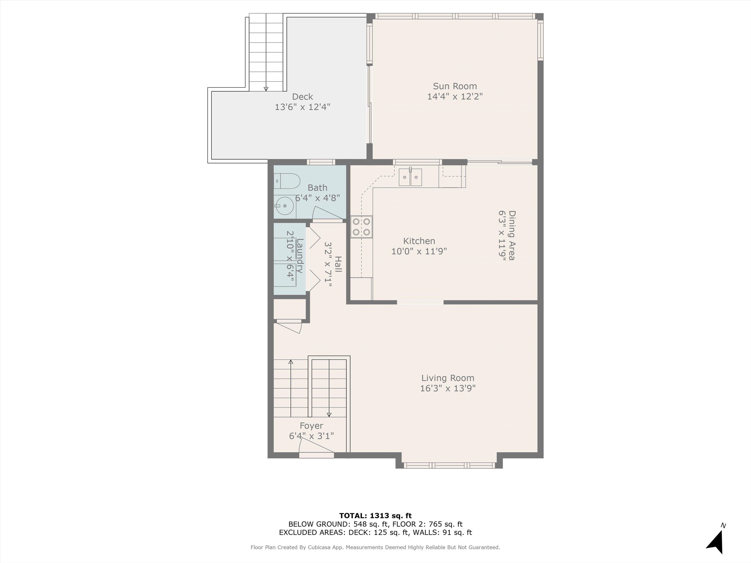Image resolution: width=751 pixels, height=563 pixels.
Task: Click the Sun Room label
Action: tap(455, 86)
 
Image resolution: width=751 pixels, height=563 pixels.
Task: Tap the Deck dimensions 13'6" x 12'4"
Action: tap(302, 107)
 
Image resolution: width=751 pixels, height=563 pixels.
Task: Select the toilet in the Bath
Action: tap(287, 181)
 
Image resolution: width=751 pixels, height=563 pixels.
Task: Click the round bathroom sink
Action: tap(285, 206)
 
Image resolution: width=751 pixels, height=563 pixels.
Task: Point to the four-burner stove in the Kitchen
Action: tap(362, 227)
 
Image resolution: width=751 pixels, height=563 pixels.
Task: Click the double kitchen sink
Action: tap(410, 177)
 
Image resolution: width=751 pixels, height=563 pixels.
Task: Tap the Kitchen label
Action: tap(419, 241)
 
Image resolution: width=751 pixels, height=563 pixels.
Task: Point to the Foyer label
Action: tap(311, 426)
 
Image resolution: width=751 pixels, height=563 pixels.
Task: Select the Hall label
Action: tap(338, 264)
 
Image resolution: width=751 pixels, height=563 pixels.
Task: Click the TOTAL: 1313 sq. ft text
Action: tap(375, 516)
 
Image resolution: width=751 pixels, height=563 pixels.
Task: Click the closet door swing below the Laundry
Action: tap(288, 326)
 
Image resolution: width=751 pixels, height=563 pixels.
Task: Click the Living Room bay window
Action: tap(449, 465)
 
